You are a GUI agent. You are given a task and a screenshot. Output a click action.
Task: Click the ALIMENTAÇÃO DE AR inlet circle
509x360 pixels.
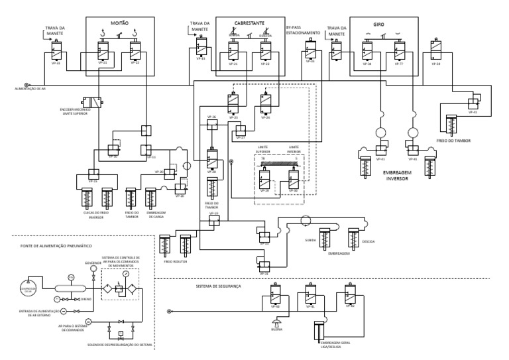pos(27,84)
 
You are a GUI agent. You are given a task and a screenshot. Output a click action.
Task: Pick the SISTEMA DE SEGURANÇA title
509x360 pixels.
pos(219,287)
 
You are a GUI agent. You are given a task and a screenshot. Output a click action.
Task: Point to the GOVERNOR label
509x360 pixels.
pos(92,262)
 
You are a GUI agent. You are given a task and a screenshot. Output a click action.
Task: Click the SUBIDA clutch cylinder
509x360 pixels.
pos(324,237)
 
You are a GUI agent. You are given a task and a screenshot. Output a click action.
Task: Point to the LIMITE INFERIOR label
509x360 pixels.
pos(293,150)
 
